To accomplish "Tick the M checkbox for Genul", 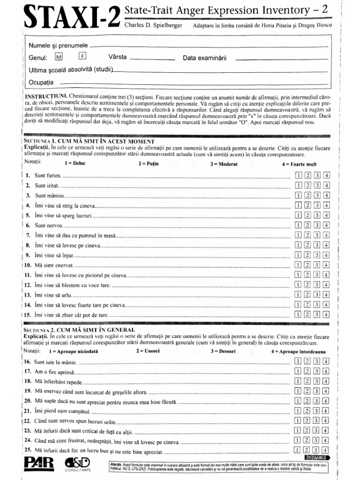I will coord(58,57).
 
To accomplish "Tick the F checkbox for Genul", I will coord(82,57).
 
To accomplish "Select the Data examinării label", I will coord(205,58).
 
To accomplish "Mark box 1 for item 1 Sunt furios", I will coord(299,175).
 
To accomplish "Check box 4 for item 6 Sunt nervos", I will coord(327,226).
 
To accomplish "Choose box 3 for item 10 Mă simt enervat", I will coord(317,265).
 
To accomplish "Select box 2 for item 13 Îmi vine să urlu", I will coord(308,295).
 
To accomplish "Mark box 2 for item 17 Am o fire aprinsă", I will coord(308,371).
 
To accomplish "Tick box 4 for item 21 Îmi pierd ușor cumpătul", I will coord(327,411).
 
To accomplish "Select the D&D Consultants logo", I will coord(79,464).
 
